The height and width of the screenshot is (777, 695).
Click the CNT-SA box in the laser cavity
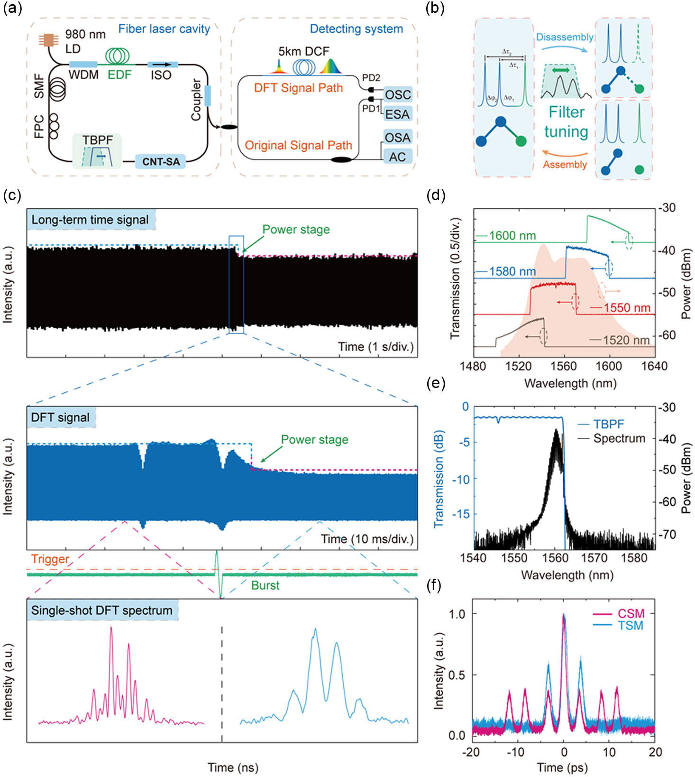pyautogui.click(x=161, y=161)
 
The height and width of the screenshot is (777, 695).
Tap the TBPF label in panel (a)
pyautogui.click(x=98, y=140)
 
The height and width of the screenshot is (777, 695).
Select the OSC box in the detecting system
pyautogui.click(x=397, y=94)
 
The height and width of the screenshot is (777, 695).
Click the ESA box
pyautogui.click(x=397, y=114)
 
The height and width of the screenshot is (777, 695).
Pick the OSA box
pyautogui.click(x=397, y=138)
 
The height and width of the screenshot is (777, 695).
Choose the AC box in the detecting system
pyautogui.click(x=397, y=157)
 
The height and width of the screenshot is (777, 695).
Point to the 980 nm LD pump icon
pyautogui.click(x=48, y=40)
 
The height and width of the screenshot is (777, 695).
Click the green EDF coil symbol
pyautogui.click(x=118, y=56)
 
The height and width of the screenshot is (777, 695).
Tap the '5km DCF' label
pyautogui.click(x=303, y=51)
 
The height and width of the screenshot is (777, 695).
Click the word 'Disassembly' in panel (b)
pyautogui.click(x=565, y=37)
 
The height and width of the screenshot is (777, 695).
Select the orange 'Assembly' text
pyautogui.click(x=565, y=165)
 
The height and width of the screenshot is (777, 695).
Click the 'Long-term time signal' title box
pyautogui.click(x=90, y=220)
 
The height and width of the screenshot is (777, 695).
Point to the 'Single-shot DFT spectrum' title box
pyautogui.click(x=102, y=610)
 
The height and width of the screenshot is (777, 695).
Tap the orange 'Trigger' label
pyautogui.click(x=50, y=559)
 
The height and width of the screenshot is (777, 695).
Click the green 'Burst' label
pyautogui.click(x=265, y=585)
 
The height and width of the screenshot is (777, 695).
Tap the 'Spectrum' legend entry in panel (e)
pyautogui.click(x=619, y=438)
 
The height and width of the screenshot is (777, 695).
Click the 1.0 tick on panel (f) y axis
pyautogui.click(x=457, y=613)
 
